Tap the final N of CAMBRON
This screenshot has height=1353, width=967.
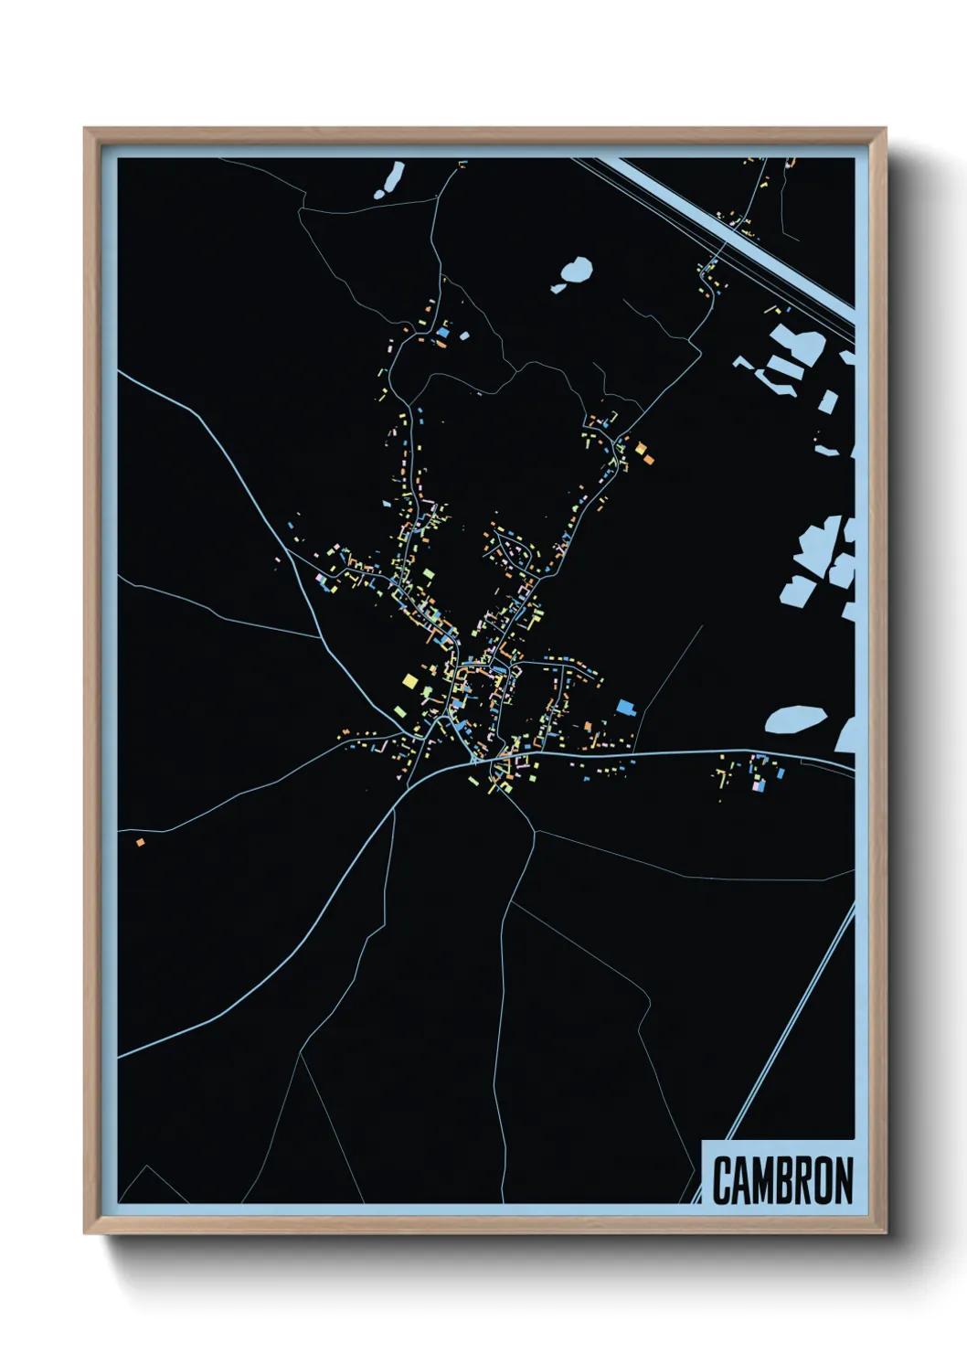coord(842,1181)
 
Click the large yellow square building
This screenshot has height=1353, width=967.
coord(409,680)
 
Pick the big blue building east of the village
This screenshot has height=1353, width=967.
coord(625,706)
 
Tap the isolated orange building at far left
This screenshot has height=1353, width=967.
coord(140,842)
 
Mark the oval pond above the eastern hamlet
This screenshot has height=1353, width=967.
coord(795,719)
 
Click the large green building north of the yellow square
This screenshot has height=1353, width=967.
coord(428,574)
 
